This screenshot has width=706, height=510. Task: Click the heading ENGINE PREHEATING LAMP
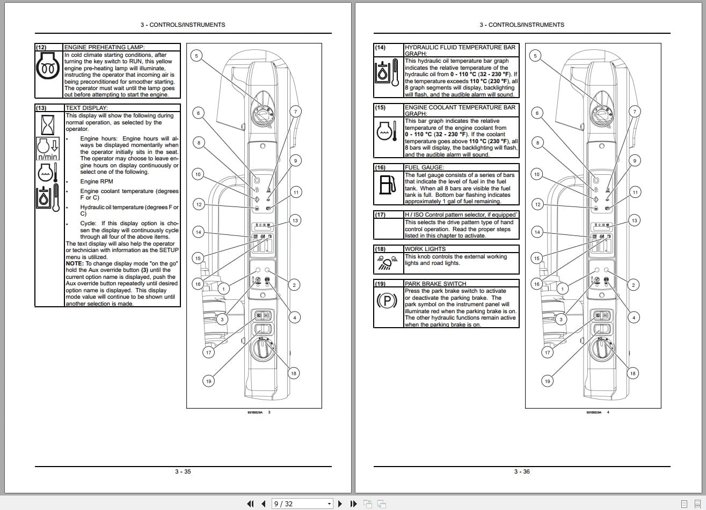point(104,47)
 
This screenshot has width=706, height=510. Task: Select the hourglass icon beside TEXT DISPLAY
point(48,124)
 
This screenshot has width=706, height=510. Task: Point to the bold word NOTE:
point(75,263)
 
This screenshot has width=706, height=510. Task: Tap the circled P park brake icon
point(387,301)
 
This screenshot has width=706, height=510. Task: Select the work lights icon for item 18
point(387,263)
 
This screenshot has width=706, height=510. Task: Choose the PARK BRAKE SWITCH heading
point(435,284)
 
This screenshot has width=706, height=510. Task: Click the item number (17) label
point(380,215)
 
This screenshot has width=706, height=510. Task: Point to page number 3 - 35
point(183,471)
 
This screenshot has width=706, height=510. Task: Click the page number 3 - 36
point(522,471)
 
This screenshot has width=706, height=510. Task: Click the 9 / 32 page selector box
point(302,504)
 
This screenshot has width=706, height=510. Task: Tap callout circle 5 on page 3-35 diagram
point(196,56)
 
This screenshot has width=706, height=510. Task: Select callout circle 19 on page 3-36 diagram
point(547,381)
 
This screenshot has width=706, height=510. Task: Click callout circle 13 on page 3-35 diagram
point(295,220)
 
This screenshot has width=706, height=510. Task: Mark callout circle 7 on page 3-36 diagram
point(635,112)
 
